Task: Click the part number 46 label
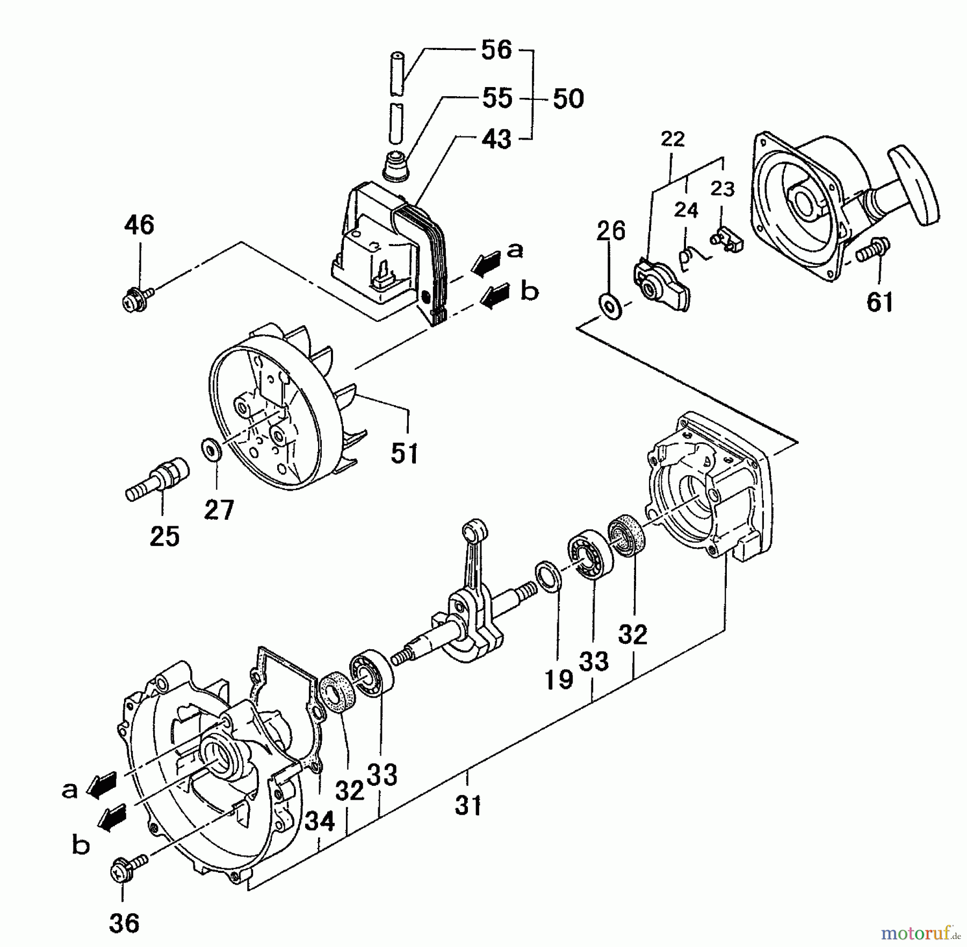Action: pyautogui.click(x=139, y=225)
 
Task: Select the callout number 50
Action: pyautogui.click(x=568, y=99)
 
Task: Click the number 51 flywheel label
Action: pyautogui.click(x=404, y=453)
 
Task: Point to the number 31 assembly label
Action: pyautogui.click(x=468, y=806)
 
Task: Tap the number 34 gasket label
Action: pyautogui.click(x=320, y=821)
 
